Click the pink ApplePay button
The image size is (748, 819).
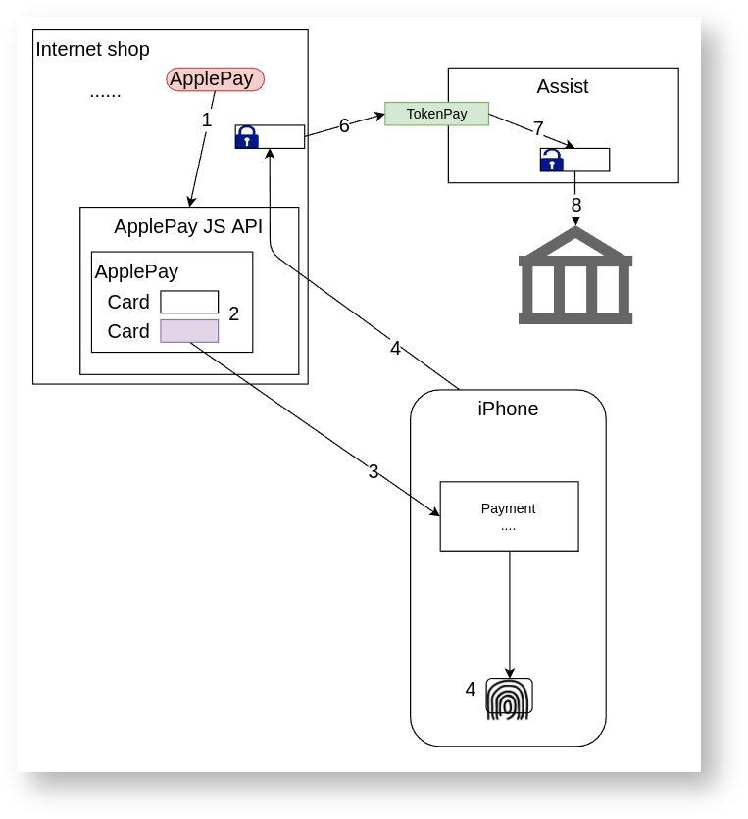(x=216, y=79)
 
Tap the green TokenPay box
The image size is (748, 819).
(x=436, y=114)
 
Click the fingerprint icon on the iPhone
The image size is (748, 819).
(x=509, y=699)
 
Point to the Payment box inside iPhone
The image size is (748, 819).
(x=509, y=516)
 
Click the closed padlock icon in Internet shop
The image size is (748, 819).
(x=247, y=137)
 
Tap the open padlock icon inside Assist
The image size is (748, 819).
(x=552, y=160)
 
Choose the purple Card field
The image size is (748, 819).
(x=189, y=331)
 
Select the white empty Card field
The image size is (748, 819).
(x=189, y=302)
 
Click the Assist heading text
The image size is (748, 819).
(x=563, y=86)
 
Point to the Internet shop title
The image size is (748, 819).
(x=92, y=49)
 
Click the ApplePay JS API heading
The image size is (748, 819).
(x=188, y=226)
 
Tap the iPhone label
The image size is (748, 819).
(x=508, y=409)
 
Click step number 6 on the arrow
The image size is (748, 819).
(x=344, y=125)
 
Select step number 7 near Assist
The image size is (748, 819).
(x=538, y=128)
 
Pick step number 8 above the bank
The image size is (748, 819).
(x=576, y=205)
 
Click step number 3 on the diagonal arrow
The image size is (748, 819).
(x=374, y=471)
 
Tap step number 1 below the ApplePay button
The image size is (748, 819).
(x=207, y=120)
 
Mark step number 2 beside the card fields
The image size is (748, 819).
(x=234, y=313)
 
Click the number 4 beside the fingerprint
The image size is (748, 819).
(x=471, y=689)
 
